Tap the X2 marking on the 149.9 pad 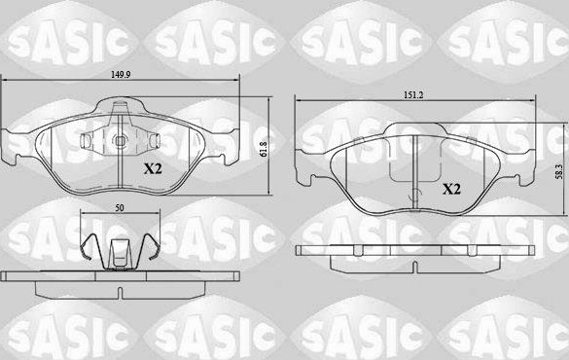154,168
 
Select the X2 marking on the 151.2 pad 451,189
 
